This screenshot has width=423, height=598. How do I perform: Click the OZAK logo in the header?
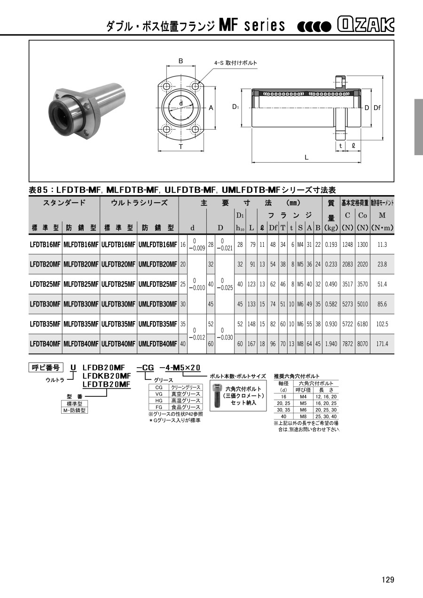pos(366,25)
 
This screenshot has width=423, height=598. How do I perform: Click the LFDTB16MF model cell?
pos(45,244)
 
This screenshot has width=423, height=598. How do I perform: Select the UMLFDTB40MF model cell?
pos(158,344)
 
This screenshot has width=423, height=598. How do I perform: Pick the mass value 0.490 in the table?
pos(331,284)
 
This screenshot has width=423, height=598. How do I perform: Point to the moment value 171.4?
pos(382,344)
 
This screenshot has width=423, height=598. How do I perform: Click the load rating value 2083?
pos(347,264)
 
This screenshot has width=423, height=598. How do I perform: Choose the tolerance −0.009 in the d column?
pos(197,248)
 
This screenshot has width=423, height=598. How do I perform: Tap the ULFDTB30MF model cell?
pos(118,304)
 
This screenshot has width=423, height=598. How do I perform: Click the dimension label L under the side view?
pos(306,157)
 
